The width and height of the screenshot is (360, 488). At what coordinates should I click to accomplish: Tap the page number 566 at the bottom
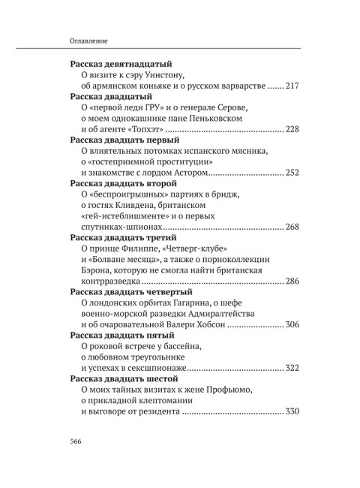coord(78,441)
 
